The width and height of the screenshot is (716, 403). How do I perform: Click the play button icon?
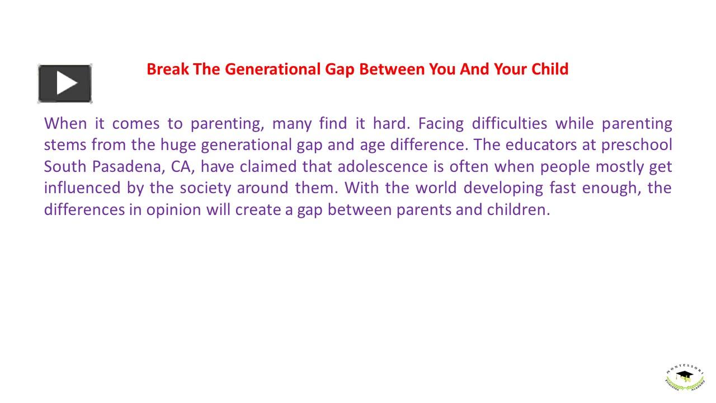[65, 83]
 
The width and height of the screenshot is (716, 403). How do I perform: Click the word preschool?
[637, 145]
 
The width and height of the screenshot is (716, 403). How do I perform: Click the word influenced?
[82, 188]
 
